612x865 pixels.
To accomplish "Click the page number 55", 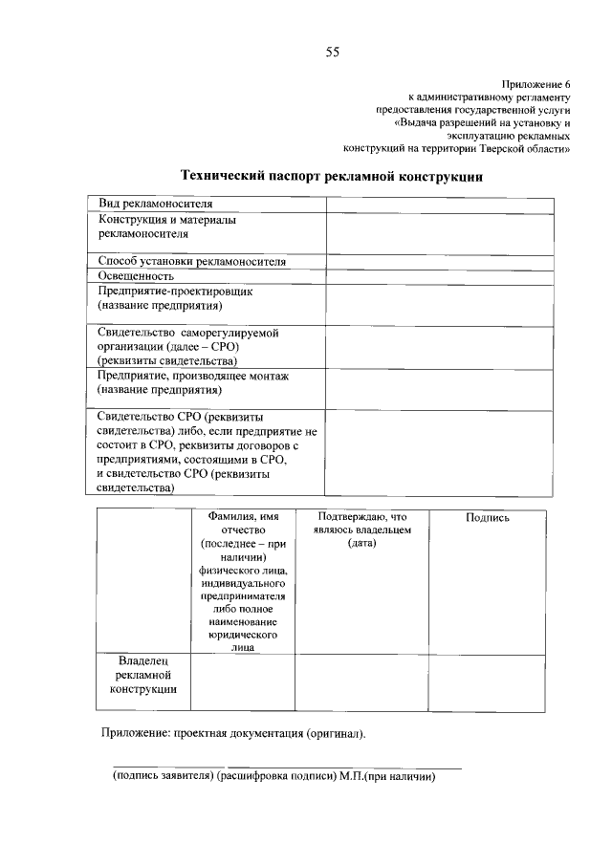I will (x=332, y=52).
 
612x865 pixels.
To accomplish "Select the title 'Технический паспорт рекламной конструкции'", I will (x=332, y=177).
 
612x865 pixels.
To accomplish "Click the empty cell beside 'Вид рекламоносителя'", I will (x=439, y=204).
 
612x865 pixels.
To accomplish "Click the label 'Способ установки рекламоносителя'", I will (x=191, y=261).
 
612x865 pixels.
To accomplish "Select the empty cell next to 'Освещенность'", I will (x=439, y=275).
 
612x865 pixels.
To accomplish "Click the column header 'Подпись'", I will (x=487, y=517).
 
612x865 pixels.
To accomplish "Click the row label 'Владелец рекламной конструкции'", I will (x=142, y=675).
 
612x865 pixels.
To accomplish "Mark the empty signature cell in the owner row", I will (x=487, y=682).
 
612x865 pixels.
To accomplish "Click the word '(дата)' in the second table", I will (x=361, y=543).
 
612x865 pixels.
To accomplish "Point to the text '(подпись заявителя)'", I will (x=163, y=777).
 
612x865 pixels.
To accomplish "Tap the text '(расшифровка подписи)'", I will (x=275, y=777).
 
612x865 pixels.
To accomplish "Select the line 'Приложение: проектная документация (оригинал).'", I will (x=233, y=734).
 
